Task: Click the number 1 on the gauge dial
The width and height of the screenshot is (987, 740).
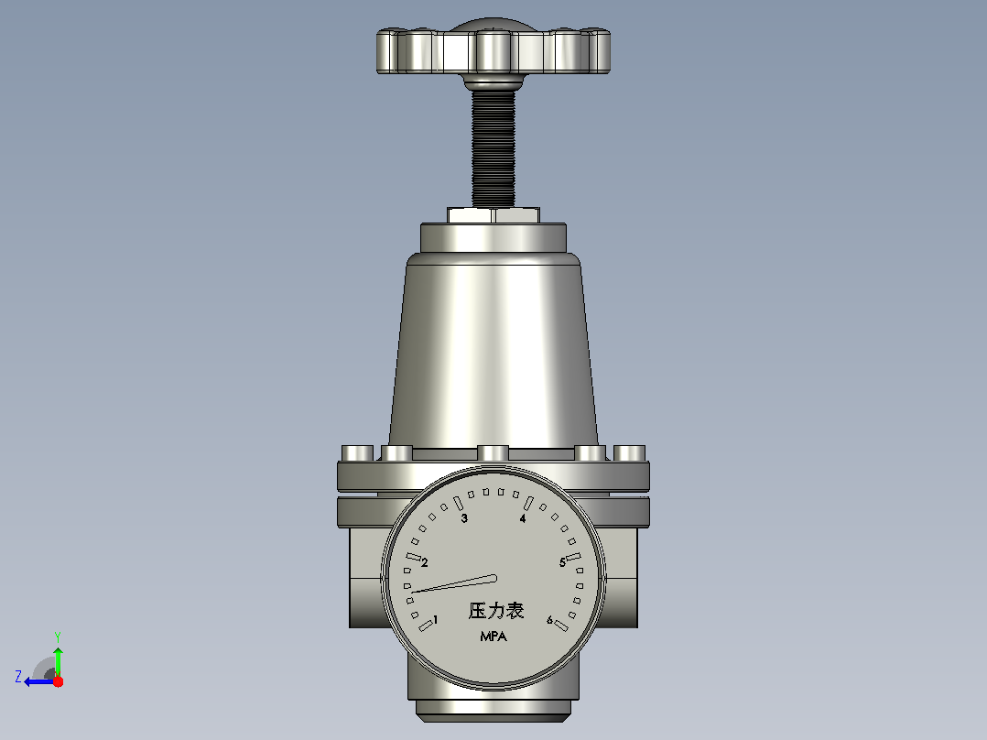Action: (x=436, y=620)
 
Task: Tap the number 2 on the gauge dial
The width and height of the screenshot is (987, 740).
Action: (x=425, y=562)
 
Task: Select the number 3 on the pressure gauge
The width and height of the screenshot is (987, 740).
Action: (x=464, y=518)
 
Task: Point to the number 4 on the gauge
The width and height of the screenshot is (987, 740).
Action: (x=523, y=518)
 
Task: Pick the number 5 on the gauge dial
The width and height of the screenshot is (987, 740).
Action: (x=563, y=562)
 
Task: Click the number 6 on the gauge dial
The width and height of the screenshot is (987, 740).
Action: (x=549, y=620)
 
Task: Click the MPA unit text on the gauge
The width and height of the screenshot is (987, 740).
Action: (x=493, y=637)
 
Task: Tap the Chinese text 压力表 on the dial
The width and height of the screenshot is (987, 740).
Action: (x=496, y=610)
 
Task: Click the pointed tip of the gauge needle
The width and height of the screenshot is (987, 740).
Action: (x=412, y=593)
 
